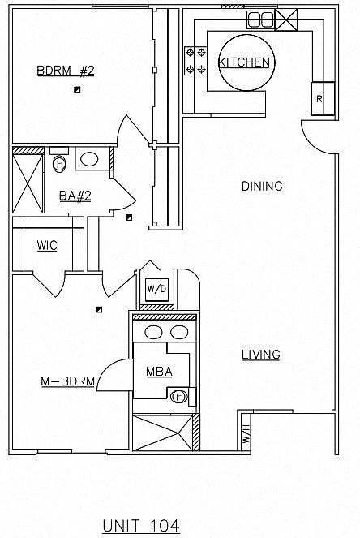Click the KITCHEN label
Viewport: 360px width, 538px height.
(x=244, y=62)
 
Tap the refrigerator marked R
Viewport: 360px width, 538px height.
(x=323, y=98)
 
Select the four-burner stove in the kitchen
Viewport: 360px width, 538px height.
(x=195, y=61)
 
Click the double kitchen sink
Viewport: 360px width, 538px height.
(x=261, y=19)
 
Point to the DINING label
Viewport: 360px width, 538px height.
(x=262, y=186)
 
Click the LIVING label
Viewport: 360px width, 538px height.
(x=261, y=355)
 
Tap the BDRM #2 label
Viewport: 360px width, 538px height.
(x=66, y=71)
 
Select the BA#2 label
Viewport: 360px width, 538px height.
(x=75, y=196)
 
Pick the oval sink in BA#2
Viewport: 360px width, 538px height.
(x=89, y=159)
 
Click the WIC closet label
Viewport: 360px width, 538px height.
(x=47, y=245)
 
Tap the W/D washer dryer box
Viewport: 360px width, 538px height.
(x=156, y=289)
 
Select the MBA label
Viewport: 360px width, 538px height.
(x=159, y=372)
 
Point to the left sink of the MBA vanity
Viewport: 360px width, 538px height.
(x=153, y=332)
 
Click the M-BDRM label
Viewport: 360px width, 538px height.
(x=67, y=381)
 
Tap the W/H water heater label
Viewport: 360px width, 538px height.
(x=247, y=433)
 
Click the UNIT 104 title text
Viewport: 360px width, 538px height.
(x=141, y=526)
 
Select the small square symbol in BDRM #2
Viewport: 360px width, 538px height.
(x=77, y=89)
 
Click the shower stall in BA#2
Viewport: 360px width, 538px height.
(x=28, y=183)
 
